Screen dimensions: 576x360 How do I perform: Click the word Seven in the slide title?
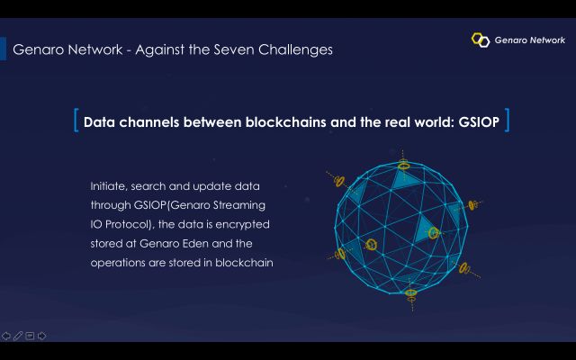[x=234, y=49]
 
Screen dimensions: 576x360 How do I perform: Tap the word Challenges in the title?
[x=296, y=50]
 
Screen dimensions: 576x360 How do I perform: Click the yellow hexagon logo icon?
[x=481, y=40]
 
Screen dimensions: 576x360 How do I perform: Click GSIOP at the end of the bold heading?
[x=479, y=122]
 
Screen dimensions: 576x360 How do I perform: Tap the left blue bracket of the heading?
[x=76, y=120]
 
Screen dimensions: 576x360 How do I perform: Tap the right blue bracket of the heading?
[x=508, y=120]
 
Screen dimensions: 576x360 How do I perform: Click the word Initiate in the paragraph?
[x=109, y=186]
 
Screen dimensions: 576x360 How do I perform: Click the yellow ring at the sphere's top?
[x=403, y=165]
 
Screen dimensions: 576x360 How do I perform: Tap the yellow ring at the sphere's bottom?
[x=410, y=292]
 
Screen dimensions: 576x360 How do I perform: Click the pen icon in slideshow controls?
[x=18, y=336]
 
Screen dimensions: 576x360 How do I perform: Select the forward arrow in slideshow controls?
[x=41, y=336]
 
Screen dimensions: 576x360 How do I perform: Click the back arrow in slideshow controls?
[x=6, y=336]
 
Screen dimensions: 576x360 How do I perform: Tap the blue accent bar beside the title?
[x=3, y=49]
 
